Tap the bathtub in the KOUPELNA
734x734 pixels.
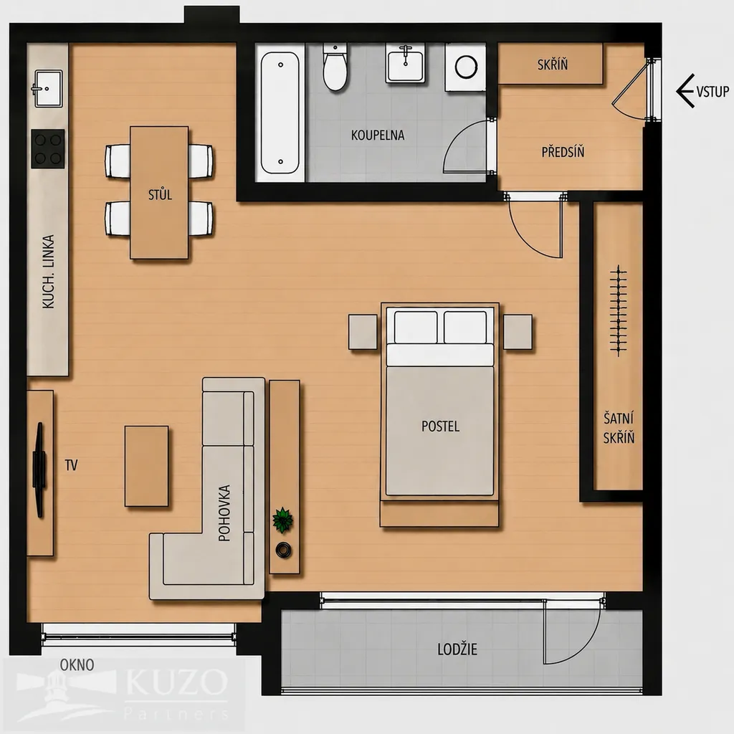280,113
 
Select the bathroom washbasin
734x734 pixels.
406,63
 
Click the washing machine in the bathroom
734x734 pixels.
466,67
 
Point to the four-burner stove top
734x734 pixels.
48,149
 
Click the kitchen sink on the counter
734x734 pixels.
47,88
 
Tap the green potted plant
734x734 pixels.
282,520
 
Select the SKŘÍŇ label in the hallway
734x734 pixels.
553,64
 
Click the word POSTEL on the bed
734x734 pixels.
441,426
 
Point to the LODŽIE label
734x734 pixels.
457,649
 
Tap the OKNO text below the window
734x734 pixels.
77,664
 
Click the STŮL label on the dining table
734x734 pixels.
160,194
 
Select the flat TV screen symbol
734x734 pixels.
39,470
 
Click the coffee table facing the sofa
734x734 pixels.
146,466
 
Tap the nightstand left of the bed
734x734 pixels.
363,332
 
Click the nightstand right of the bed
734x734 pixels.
518,332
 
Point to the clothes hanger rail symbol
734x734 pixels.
619,311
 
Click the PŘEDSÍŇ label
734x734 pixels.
563,152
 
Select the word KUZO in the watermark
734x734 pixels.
177,682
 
